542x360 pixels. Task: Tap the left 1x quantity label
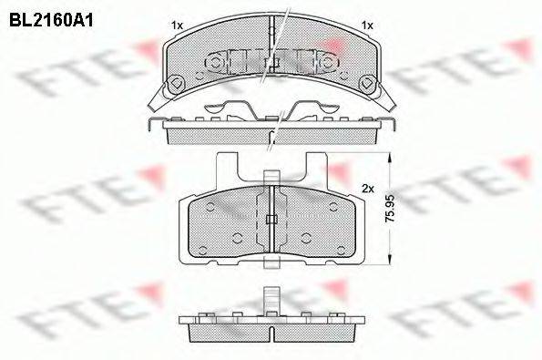tap(177, 25)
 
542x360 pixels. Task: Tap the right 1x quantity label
tap(367, 25)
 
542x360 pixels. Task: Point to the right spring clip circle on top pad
tap(327, 65)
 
